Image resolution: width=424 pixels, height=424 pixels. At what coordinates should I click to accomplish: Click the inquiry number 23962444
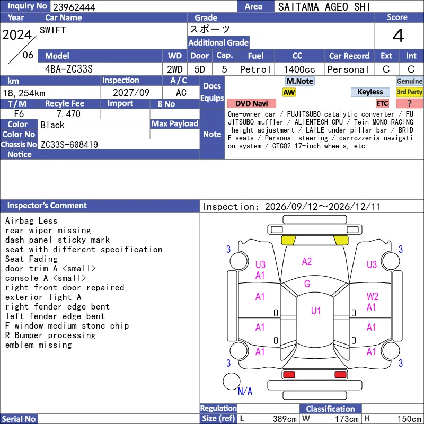[x=74, y=7]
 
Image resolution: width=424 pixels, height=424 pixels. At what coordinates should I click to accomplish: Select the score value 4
[x=399, y=36]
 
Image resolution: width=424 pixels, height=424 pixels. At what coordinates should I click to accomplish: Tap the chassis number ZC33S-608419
[x=69, y=145]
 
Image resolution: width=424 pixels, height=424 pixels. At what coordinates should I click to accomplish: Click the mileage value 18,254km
[x=24, y=93]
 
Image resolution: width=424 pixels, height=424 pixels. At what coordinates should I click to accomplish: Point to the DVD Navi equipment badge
[x=251, y=103]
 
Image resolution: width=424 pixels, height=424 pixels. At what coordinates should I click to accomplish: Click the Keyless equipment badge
[x=370, y=92]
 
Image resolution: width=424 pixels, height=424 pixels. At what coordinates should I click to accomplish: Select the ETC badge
[x=382, y=103]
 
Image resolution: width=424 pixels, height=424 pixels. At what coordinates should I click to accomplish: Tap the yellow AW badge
[x=289, y=92]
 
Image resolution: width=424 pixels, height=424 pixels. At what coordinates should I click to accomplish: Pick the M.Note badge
[x=300, y=81]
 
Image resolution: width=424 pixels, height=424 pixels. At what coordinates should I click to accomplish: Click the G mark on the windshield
[x=307, y=284]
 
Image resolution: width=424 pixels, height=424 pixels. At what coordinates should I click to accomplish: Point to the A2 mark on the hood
[x=307, y=261]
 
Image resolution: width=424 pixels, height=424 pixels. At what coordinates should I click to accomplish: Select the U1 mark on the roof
[x=316, y=311]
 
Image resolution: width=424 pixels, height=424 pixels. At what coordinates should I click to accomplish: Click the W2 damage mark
[x=373, y=296]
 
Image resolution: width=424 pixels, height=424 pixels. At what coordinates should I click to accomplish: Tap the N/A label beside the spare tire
[x=245, y=391]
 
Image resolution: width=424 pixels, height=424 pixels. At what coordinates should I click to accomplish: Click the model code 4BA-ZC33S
[x=69, y=69]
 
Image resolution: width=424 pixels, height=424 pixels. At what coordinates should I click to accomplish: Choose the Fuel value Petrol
[x=255, y=69]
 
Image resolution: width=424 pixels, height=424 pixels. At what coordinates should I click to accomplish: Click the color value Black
[x=52, y=125]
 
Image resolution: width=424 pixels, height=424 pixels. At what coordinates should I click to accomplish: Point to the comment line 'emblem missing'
[x=38, y=345]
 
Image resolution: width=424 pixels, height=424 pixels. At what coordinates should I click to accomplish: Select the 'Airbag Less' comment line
[x=31, y=220]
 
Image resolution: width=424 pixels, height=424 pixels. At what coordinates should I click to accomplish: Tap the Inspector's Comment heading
[x=47, y=206]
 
